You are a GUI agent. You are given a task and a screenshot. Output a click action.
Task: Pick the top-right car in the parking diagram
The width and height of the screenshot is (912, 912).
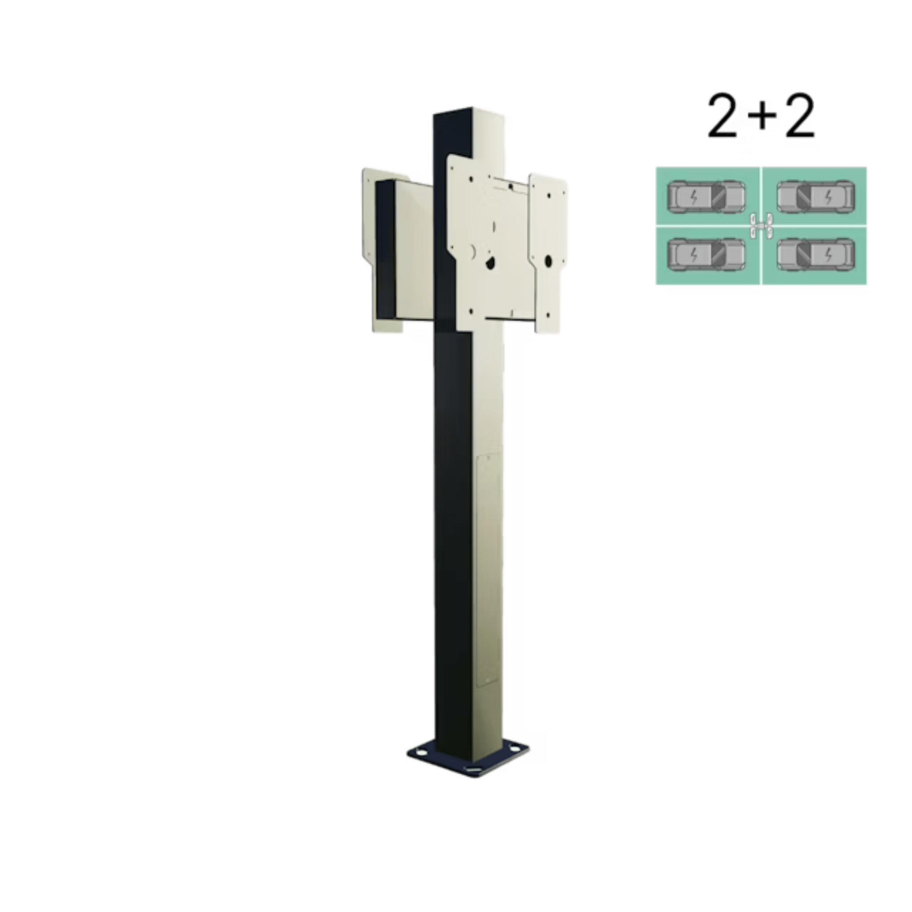tap(815, 196)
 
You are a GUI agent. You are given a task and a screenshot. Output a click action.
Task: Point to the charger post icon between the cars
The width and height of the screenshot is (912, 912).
tap(761, 226)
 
